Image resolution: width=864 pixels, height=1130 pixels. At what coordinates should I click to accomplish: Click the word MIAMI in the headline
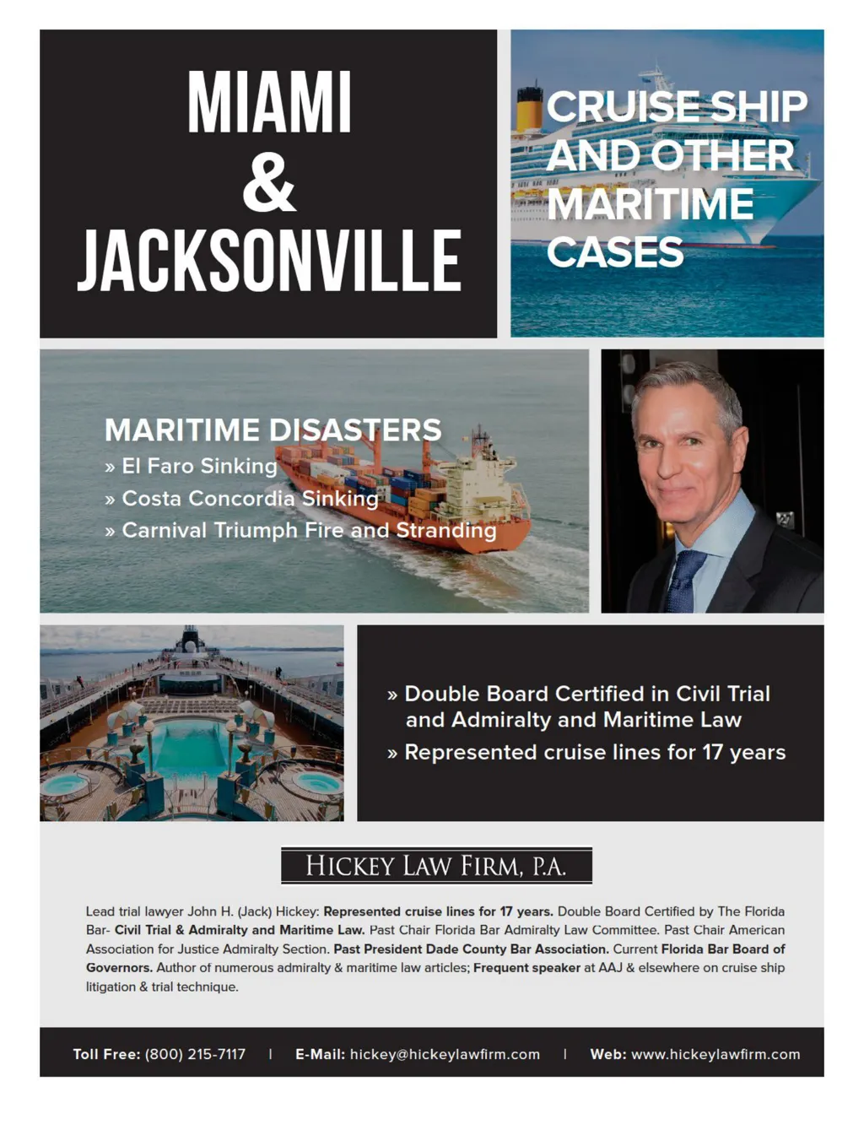269,102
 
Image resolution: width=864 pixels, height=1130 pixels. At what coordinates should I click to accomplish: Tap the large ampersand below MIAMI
269,182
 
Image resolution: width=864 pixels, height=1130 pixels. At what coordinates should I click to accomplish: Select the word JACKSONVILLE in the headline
269,261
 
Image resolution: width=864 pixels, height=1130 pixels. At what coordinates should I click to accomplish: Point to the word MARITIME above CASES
651,204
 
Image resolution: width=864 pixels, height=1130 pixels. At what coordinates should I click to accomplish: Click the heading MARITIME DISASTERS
273,430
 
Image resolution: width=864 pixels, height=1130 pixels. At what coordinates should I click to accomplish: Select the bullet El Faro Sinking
199,466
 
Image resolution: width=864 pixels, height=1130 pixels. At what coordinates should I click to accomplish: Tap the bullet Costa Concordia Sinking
250,499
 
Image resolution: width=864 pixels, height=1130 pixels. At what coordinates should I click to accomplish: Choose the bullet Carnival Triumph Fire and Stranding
309,531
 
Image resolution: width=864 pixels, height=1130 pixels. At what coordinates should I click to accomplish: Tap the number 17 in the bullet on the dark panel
712,752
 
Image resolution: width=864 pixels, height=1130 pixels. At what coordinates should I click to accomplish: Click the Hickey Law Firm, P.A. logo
436,866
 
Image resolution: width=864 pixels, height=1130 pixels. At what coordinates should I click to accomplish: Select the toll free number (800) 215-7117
195,1054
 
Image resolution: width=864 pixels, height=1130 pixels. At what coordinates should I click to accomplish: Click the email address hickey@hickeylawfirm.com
445,1054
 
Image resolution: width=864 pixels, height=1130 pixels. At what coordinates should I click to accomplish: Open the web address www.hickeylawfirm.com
715,1054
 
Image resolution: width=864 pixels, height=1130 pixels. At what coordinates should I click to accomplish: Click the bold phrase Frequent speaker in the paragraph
526,968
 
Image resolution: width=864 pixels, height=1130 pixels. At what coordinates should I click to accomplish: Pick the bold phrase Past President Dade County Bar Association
471,949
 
